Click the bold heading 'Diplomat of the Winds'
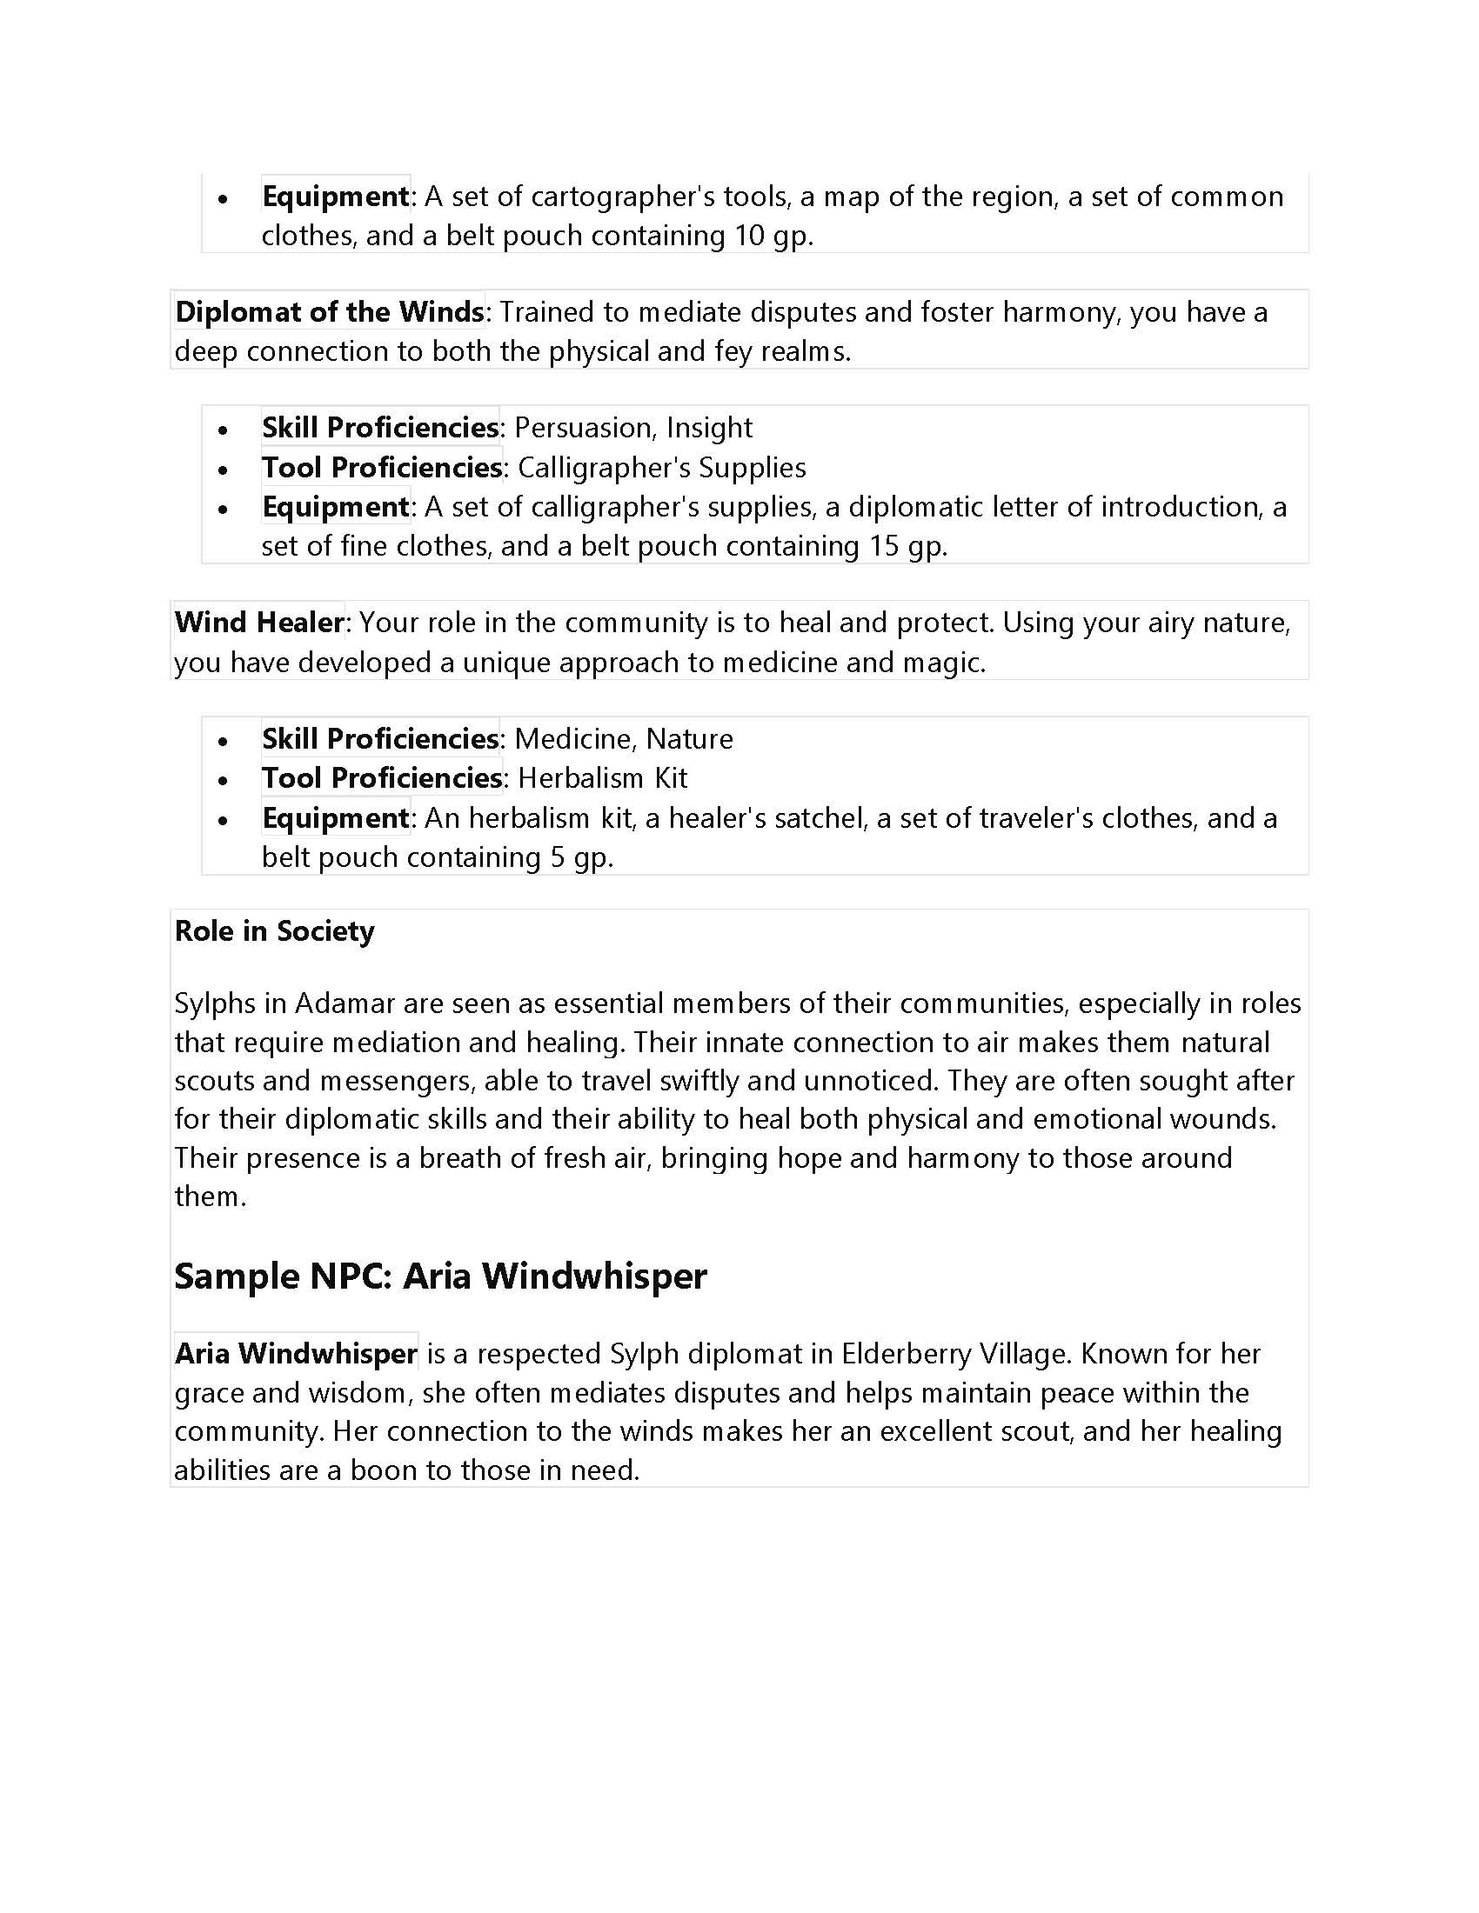329,312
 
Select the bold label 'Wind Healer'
258,622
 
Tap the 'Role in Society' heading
274,931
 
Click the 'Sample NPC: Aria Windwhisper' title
440,1276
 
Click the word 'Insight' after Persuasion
709,428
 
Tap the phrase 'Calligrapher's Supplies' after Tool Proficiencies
661,467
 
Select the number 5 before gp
558,857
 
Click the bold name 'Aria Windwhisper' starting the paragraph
295,1353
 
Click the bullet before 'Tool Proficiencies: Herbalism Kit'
224,779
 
